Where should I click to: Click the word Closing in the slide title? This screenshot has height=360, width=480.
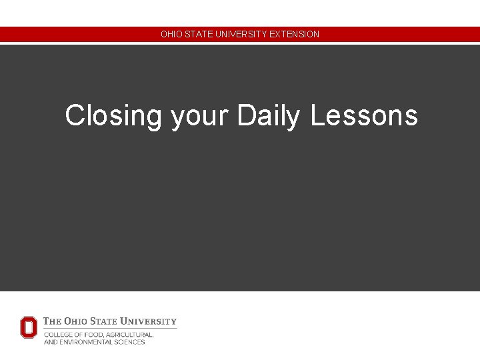pos(113,116)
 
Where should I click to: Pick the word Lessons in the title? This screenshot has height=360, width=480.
pos(363,115)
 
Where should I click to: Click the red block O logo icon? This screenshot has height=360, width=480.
pos(29,327)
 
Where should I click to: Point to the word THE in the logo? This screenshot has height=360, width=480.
pos(52,321)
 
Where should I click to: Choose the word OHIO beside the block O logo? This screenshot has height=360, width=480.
pos(77,321)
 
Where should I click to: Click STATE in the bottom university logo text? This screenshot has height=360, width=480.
pos(108,321)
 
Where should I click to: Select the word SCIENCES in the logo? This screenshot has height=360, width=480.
pos(129,342)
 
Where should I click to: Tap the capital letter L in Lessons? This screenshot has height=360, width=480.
pos(316,115)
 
